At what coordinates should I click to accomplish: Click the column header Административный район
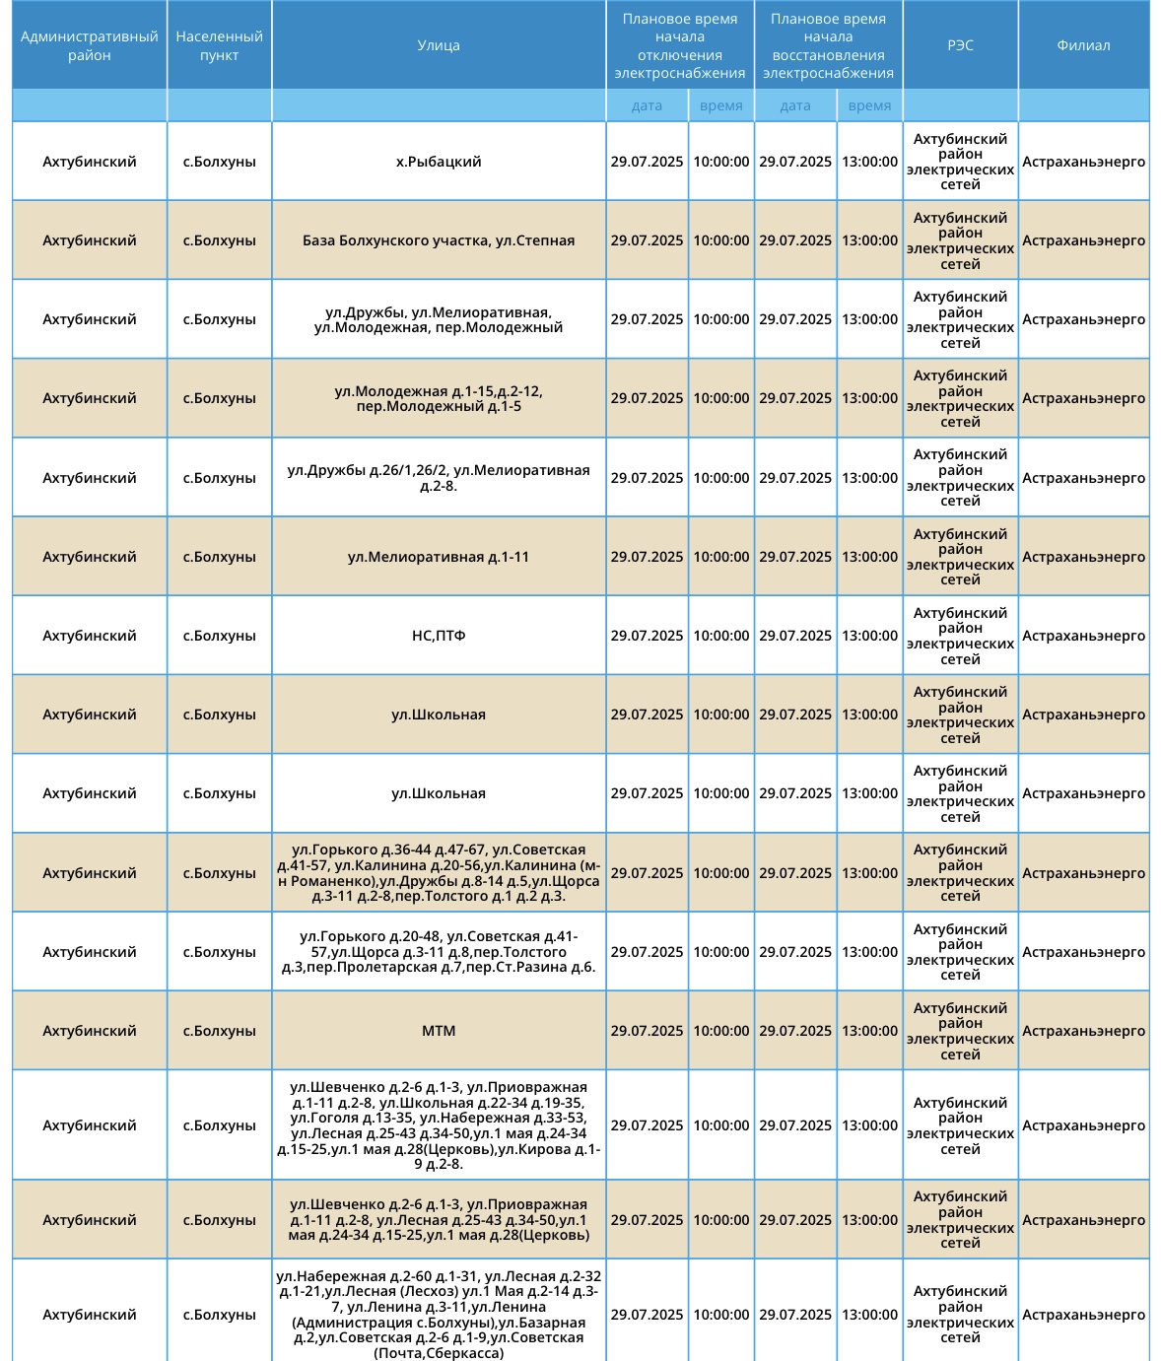(x=90, y=45)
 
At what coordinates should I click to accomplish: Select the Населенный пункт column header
(x=219, y=45)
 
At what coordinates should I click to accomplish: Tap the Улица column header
(x=439, y=45)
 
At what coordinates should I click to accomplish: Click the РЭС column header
(x=960, y=45)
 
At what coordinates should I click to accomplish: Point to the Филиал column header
(x=1083, y=45)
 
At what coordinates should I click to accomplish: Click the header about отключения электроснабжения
(x=680, y=45)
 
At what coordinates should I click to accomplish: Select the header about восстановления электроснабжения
(x=828, y=45)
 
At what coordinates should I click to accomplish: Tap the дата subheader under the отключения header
(x=647, y=105)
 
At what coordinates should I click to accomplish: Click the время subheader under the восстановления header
(x=869, y=105)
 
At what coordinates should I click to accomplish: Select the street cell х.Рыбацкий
(x=439, y=162)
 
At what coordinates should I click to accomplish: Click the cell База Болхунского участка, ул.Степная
(x=439, y=240)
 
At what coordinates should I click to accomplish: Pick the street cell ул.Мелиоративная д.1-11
(x=439, y=557)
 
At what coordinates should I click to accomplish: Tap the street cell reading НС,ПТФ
(x=439, y=636)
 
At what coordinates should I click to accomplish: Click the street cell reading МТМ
(x=439, y=1031)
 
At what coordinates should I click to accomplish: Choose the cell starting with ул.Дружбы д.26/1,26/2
(x=439, y=478)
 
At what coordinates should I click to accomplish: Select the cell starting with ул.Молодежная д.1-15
(x=439, y=398)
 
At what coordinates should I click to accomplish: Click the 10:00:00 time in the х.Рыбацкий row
(x=721, y=162)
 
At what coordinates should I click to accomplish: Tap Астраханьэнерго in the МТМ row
(x=1083, y=1031)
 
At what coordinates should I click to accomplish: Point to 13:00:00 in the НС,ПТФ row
(x=869, y=636)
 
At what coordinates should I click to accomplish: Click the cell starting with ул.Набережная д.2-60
(x=439, y=1315)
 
